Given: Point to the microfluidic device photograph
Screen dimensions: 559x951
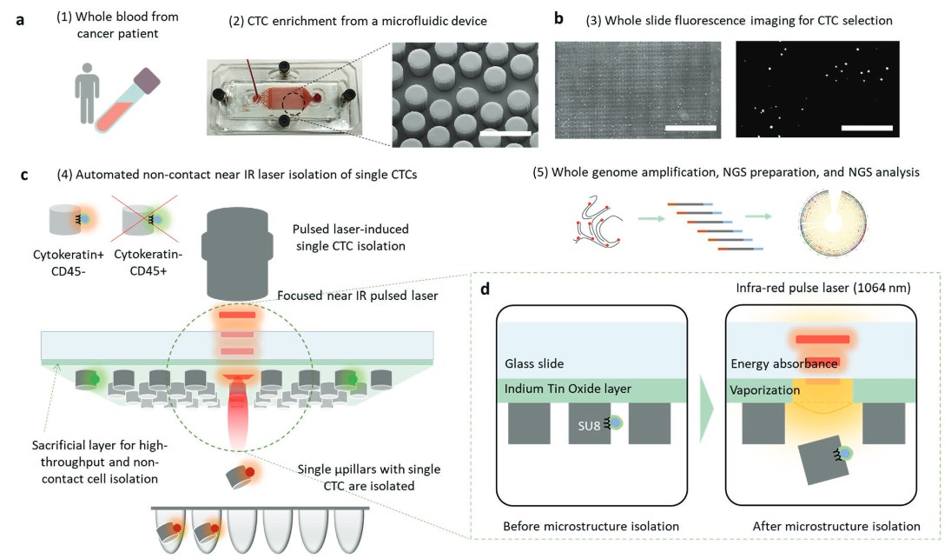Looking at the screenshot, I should click(281, 96).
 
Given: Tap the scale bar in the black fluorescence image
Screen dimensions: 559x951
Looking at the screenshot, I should click(867, 128).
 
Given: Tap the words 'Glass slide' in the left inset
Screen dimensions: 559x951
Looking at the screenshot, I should click(534, 363).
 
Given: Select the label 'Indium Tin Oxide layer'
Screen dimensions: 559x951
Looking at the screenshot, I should click(566, 389).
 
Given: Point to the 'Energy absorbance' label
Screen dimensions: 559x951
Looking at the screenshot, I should click(785, 363).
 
